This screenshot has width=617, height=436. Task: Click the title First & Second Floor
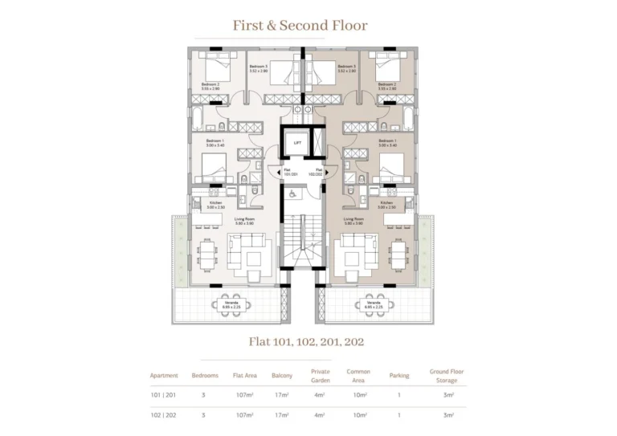(300, 26)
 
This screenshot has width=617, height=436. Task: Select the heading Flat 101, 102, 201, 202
(306, 341)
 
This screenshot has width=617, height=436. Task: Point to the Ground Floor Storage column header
(447, 376)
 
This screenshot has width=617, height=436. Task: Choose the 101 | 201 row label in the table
(164, 395)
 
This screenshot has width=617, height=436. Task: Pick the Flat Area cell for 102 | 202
(244, 416)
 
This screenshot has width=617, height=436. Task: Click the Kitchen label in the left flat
(215, 205)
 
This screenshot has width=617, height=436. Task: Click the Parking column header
(399, 376)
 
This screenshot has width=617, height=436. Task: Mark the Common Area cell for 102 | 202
(358, 416)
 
